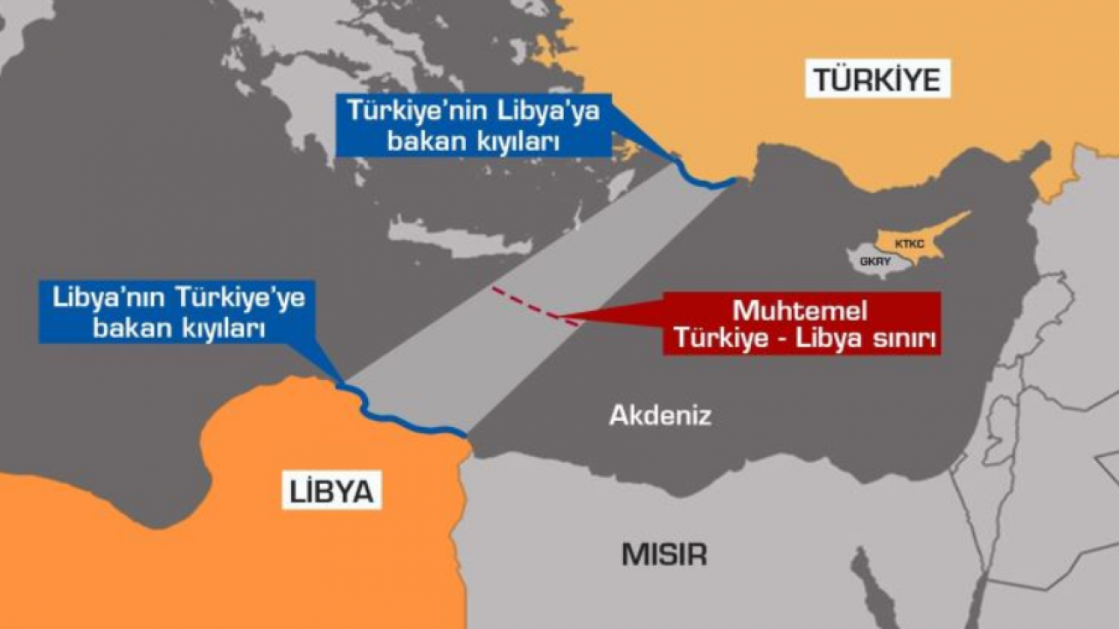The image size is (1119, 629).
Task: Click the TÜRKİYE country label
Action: coord(877,80)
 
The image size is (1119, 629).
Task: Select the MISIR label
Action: coord(664,554)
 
